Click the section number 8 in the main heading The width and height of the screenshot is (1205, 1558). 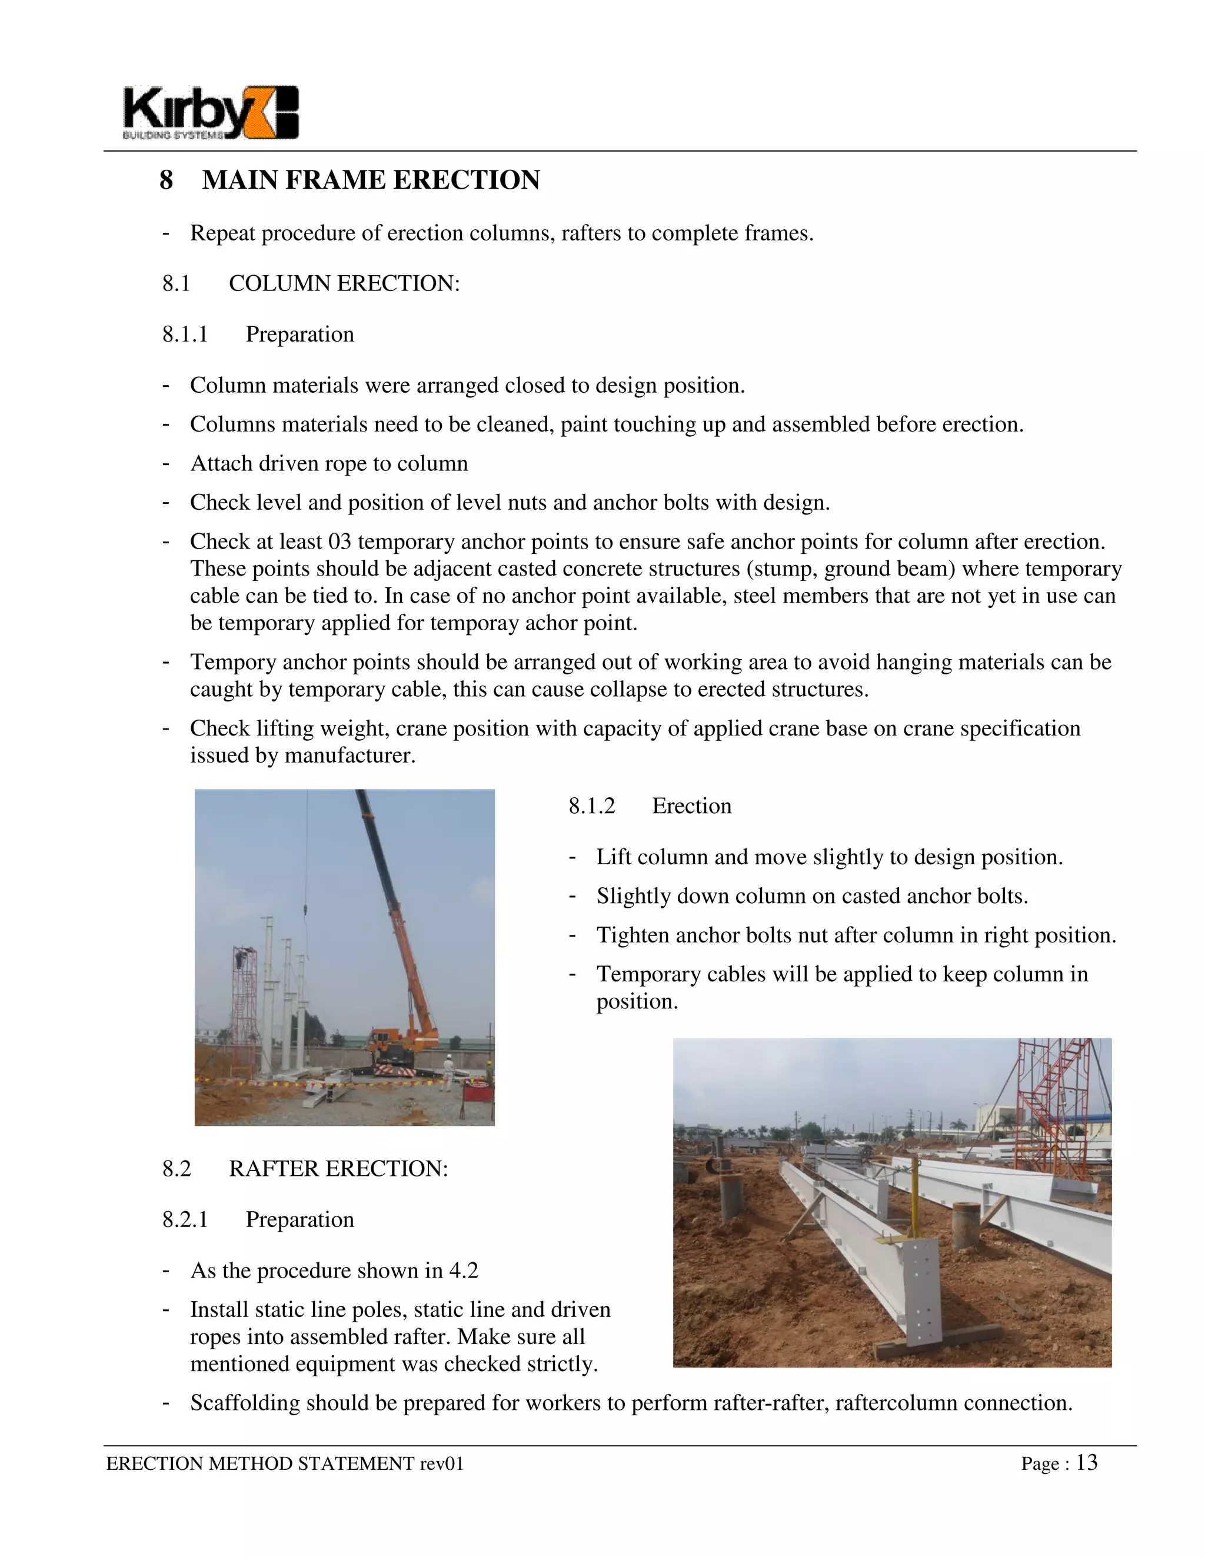tap(165, 180)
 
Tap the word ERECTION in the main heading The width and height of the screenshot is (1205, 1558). tap(466, 180)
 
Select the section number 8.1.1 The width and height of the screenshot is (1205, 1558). tap(185, 335)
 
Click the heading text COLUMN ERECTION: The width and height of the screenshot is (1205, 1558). tap(344, 284)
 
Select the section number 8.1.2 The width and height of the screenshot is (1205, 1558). tap(592, 806)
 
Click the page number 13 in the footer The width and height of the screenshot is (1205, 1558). tap(1087, 1463)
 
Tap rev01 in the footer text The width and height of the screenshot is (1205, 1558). tap(442, 1464)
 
